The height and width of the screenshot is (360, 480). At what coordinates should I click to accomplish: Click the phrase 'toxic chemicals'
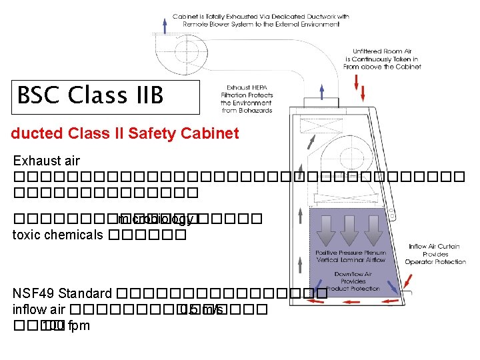(58, 235)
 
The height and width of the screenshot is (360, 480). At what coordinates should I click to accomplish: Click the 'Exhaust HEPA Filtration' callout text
(247, 99)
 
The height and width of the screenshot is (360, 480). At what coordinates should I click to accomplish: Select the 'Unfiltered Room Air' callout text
(381, 59)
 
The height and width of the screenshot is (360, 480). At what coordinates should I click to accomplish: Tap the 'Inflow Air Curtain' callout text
(435, 254)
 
